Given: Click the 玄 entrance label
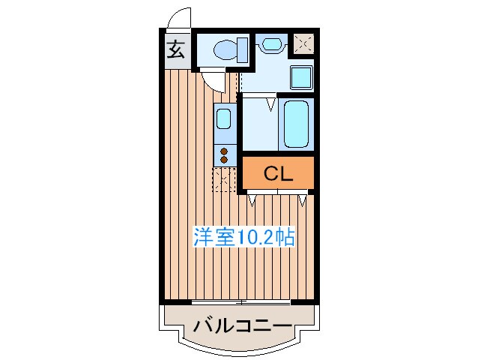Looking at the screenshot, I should pos(175,50).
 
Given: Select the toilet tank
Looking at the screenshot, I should pos(242,50).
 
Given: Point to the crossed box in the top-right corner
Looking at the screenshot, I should pos(303,44).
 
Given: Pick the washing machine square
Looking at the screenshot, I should pos(300,76).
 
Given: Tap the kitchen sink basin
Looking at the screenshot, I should pos(224,118).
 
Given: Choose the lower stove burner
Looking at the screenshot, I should pos(224,159).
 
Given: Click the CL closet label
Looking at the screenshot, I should pos(277,174).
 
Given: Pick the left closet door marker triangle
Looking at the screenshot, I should pos(253,199).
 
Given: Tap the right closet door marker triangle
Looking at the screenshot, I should pos(302,199).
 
